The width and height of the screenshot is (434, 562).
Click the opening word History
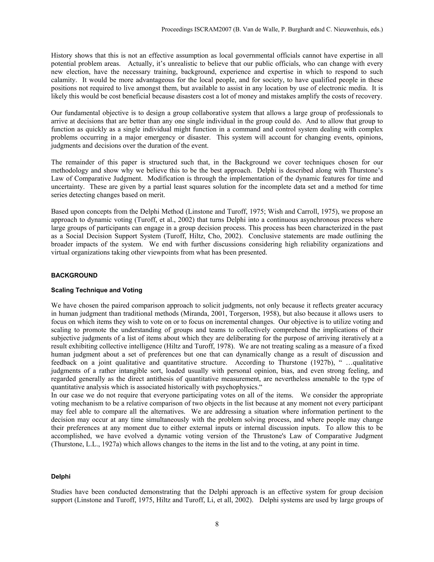tap(62, 55)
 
